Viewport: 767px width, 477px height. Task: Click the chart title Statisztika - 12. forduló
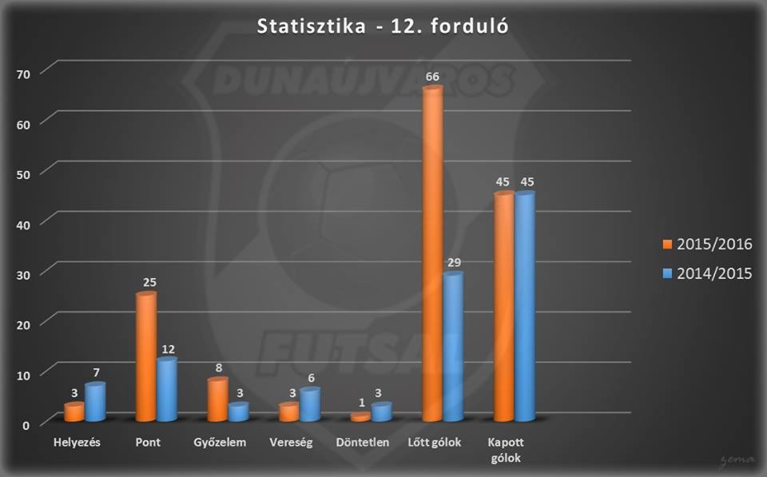[x=383, y=26]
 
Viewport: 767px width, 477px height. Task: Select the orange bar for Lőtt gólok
[x=432, y=253]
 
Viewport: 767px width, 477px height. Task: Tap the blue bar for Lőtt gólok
[x=454, y=347]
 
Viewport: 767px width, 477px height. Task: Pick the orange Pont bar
[x=146, y=356]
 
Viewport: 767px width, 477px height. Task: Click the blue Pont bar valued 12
[x=167, y=389]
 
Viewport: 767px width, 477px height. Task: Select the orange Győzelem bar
[x=217, y=399]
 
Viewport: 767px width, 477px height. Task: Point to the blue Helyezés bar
[x=95, y=401]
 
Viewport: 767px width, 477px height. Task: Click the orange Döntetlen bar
[x=360, y=417]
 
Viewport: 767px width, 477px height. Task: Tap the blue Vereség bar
[x=310, y=404]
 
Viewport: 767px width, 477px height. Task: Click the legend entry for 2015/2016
[x=707, y=244]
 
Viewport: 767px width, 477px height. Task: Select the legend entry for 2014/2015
[x=707, y=273]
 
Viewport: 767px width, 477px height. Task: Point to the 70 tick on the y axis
[x=23, y=74]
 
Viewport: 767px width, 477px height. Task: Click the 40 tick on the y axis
[x=23, y=225]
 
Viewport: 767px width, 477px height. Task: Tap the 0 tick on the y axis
[x=26, y=425]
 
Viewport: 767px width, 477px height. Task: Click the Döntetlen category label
[x=363, y=443]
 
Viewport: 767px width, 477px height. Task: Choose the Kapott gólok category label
[x=506, y=450]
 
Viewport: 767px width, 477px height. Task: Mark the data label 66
[x=432, y=77]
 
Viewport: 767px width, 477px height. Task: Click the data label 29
[x=454, y=262]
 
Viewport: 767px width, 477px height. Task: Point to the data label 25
[x=149, y=282]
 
